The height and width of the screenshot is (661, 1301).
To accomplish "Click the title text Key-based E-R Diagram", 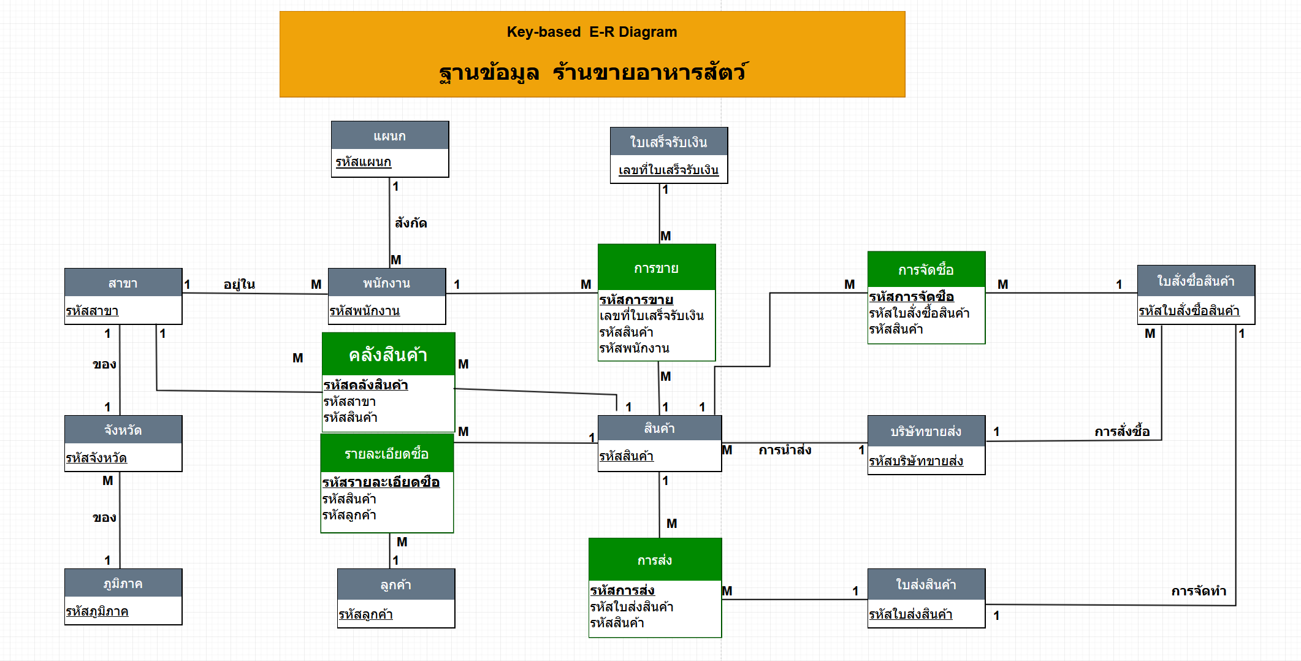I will [592, 32].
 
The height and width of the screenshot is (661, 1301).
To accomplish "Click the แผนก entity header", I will [390, 136].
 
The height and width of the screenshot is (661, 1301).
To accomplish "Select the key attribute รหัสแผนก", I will [363, 162].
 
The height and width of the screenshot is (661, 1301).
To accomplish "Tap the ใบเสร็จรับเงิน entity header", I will [668, 142].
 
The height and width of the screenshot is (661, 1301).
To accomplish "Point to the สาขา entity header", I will [123, 283].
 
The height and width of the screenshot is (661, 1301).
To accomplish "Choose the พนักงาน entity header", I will [386, 283].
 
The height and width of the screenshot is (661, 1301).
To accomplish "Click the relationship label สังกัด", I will [411, 223].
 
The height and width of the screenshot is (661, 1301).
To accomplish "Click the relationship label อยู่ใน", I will [239, 285].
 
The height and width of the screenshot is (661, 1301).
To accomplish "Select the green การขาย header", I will [656, 268].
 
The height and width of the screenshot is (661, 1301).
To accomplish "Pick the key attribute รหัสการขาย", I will [636, 300].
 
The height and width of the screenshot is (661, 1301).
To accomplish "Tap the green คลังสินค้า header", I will [388, 354].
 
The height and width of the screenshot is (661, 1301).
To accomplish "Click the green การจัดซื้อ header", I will [926, 270].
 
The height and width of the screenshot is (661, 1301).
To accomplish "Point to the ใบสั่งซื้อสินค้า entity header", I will [1196, 281].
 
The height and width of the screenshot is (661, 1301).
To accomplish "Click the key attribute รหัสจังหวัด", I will [96, 458].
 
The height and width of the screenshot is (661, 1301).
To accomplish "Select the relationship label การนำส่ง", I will [785, 450].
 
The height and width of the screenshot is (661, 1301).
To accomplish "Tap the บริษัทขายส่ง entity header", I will [926, 431].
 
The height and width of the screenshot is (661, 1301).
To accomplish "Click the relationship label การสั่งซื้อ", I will [1122, 432].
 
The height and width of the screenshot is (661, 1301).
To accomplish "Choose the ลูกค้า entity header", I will [395, 584].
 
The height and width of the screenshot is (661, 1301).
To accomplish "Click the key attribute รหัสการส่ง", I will [622, 590].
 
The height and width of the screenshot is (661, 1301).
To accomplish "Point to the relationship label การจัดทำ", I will [1199, 591].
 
